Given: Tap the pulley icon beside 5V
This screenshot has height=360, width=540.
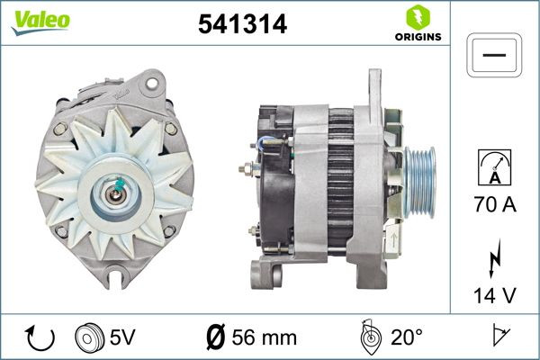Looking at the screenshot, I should (x=87, y=338).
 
